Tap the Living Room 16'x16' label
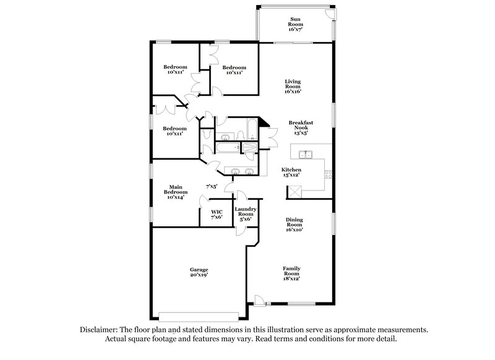pyautogui.click(x=293, y=86)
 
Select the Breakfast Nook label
pyautogui.click(x=301, y=127)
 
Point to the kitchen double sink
pyautogui.click(x=304, y=154)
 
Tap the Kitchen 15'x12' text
pyautogui.click(x=291, y=173)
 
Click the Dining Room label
pyautogui.click(x=294, y=225)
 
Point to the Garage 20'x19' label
pyautogui.click(x=199, y=273)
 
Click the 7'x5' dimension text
pyautogui.click(x=212, y=186)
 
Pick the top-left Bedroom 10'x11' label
pyautogui.click(x=176, y=69)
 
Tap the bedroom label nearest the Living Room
pyautogui.click(x=235, y=70)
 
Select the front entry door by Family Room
pyautogui.click(x=259, y=303)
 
